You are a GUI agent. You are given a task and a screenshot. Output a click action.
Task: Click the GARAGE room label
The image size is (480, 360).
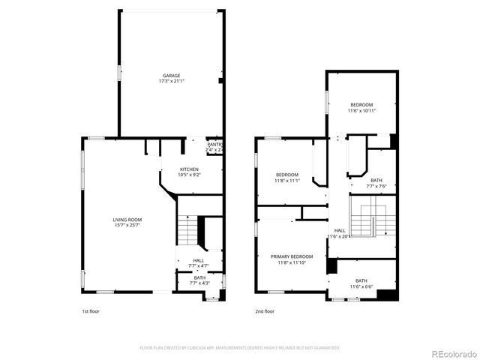(x=172, y=76)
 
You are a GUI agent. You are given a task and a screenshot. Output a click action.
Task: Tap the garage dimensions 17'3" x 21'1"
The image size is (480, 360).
(x=172, y=81)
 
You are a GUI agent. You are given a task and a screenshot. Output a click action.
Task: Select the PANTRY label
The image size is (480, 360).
(x=214, y=144)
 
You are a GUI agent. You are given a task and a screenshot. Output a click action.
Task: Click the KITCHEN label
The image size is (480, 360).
(x=188, y=169)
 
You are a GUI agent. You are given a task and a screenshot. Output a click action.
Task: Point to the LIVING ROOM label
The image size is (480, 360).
(x=127, y=219)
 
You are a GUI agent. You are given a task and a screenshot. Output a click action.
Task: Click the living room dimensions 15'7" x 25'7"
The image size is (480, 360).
(x=127, y=224)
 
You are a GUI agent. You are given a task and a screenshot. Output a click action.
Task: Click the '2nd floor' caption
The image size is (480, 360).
(x=265, y=310)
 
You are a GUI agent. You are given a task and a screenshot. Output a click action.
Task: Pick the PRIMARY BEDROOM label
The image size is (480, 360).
(x=292, y=256)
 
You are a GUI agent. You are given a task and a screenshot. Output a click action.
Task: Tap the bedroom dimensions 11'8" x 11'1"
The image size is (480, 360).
(x=286, y=181)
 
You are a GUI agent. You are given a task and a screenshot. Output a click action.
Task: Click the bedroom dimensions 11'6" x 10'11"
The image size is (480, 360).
(x=361, y=110)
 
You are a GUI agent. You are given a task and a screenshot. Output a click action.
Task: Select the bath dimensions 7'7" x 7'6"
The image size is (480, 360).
(x=376, y=187)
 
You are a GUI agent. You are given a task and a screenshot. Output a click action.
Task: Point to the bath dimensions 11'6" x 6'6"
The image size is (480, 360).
(x=361, y=286)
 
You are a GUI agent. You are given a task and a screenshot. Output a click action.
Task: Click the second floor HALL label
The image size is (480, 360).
(x=340, y=230)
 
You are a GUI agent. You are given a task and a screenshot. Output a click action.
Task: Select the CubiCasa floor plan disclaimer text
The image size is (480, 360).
(x=240, y=348)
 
